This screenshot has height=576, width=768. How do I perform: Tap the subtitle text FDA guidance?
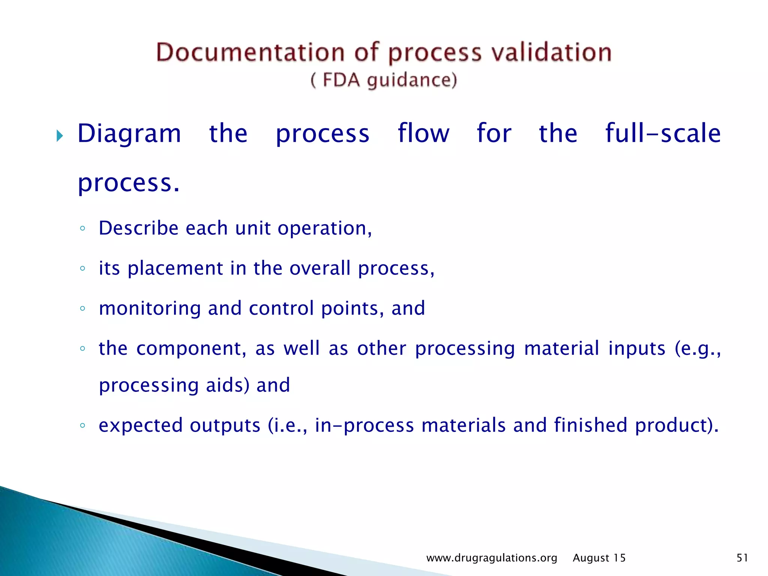[384, 80]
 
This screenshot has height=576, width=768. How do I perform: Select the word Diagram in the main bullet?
[129, 134]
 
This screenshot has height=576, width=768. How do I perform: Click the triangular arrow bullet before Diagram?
[60, 135]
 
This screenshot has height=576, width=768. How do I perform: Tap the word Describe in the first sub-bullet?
[138, 228]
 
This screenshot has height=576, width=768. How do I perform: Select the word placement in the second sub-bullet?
[175, 268]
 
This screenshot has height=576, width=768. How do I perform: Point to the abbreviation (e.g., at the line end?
[697, 349]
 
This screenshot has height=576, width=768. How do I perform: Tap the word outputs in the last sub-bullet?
[225, 426]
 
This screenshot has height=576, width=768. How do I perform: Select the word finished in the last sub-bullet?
[591, 425]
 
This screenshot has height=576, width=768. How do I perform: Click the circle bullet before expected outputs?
[82, 426]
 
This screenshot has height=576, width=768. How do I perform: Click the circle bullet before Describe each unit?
[82, 228]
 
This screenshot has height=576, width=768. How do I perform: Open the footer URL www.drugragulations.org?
[492, 558]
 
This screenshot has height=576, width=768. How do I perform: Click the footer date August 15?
[599, 558]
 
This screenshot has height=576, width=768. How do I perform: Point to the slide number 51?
[742, 558]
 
